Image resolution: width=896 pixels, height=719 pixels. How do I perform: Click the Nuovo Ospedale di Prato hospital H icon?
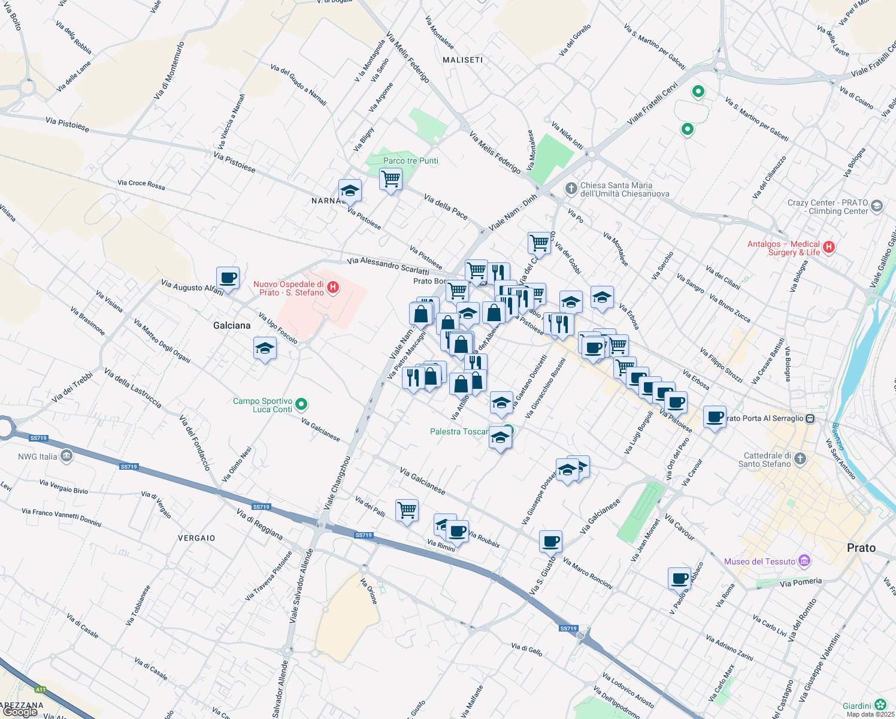(x=333, y=288)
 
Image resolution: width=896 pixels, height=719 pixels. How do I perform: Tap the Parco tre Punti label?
(x=411, y=161)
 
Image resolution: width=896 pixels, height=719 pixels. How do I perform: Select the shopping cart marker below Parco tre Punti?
(x=391, y=179)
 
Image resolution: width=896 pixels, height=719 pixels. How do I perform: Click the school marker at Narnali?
(x=350, y=191)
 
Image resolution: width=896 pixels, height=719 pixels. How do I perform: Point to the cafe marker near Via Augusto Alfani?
(x=228, y=278)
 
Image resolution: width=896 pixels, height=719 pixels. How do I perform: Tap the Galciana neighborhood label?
(x=232, y=325)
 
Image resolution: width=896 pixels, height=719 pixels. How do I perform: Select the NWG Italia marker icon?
(x=66, y=457)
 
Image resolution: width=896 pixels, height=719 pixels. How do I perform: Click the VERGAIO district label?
(x=196, y=538)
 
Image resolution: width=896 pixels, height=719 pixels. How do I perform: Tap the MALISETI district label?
(x=462, y=60)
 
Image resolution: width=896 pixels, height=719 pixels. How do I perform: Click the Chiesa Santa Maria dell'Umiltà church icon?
(x=571, y=189)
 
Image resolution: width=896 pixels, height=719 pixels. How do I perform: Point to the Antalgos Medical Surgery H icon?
(x=829, y=247)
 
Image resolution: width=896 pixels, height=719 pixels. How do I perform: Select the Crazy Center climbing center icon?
(x=877, y=206)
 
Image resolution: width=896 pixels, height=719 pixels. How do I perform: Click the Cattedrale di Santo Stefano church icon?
(x=800, y=459)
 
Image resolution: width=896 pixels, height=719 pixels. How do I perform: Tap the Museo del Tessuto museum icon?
(x=804, y=561)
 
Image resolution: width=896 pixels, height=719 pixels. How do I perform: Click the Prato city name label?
(x=861, y=548)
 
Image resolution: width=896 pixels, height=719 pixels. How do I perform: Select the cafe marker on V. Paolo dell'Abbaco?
(x=679, y=579)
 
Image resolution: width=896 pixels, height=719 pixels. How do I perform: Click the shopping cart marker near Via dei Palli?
(x=407, y=510)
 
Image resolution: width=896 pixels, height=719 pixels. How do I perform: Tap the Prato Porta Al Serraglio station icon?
(x=810, y=418)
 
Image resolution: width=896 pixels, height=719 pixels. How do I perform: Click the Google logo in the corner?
(x=20, y=712)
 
